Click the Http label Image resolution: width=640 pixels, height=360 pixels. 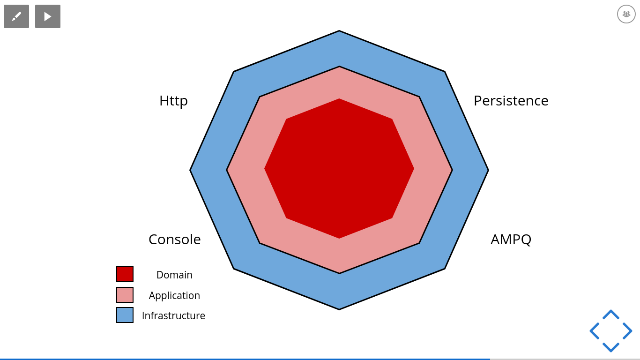(173, 101)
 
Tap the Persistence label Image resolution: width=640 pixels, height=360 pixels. (511, 101)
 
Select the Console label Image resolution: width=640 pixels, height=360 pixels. (174, 240)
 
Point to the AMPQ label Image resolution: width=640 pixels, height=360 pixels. (511, 240)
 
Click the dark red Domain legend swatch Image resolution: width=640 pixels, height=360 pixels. (125, 274)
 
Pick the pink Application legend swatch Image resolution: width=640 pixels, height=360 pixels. (125, 295)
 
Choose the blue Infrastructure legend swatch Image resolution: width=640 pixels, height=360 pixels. (125, 315)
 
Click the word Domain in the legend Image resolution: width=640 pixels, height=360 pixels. (174, 275)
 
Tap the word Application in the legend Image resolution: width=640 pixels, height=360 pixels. (174, 296)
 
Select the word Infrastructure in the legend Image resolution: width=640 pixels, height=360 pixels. (173, 316)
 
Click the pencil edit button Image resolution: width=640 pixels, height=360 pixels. (16, 16)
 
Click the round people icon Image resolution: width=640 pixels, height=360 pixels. (626, 14)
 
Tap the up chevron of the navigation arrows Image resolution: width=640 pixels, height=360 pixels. (611, 314)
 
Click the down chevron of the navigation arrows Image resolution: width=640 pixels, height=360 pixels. (611, 347)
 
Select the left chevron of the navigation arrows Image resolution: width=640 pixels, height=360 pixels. (594, 331)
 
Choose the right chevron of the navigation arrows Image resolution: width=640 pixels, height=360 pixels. (628, 331)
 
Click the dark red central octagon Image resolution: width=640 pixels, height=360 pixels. (339, 168)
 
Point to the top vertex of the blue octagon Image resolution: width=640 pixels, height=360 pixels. (339, 31)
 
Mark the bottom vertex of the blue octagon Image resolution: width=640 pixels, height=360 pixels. (339, 309)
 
